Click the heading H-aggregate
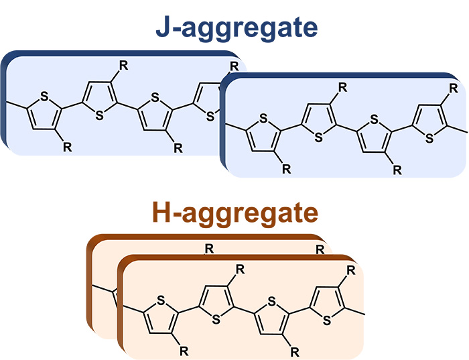point(234,213)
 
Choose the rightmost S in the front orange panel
point(327,320)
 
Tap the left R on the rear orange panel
point(209,249)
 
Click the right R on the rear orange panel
point(319,249)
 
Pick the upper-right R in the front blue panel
point(453,87)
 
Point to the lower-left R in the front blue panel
point(287,169)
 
